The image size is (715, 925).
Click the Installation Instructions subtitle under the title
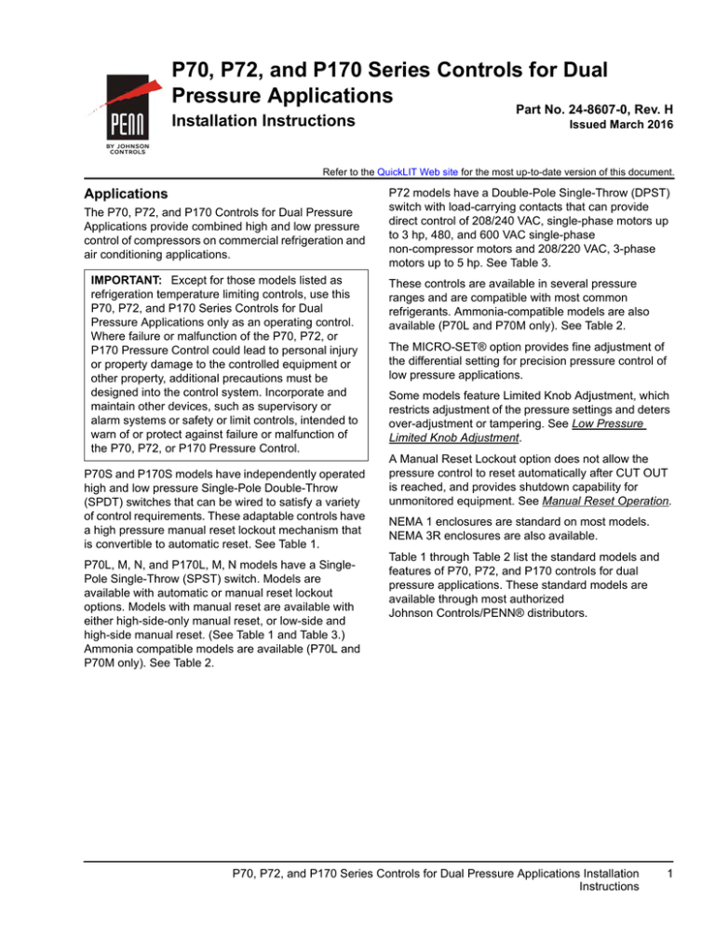click(263, 122)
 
